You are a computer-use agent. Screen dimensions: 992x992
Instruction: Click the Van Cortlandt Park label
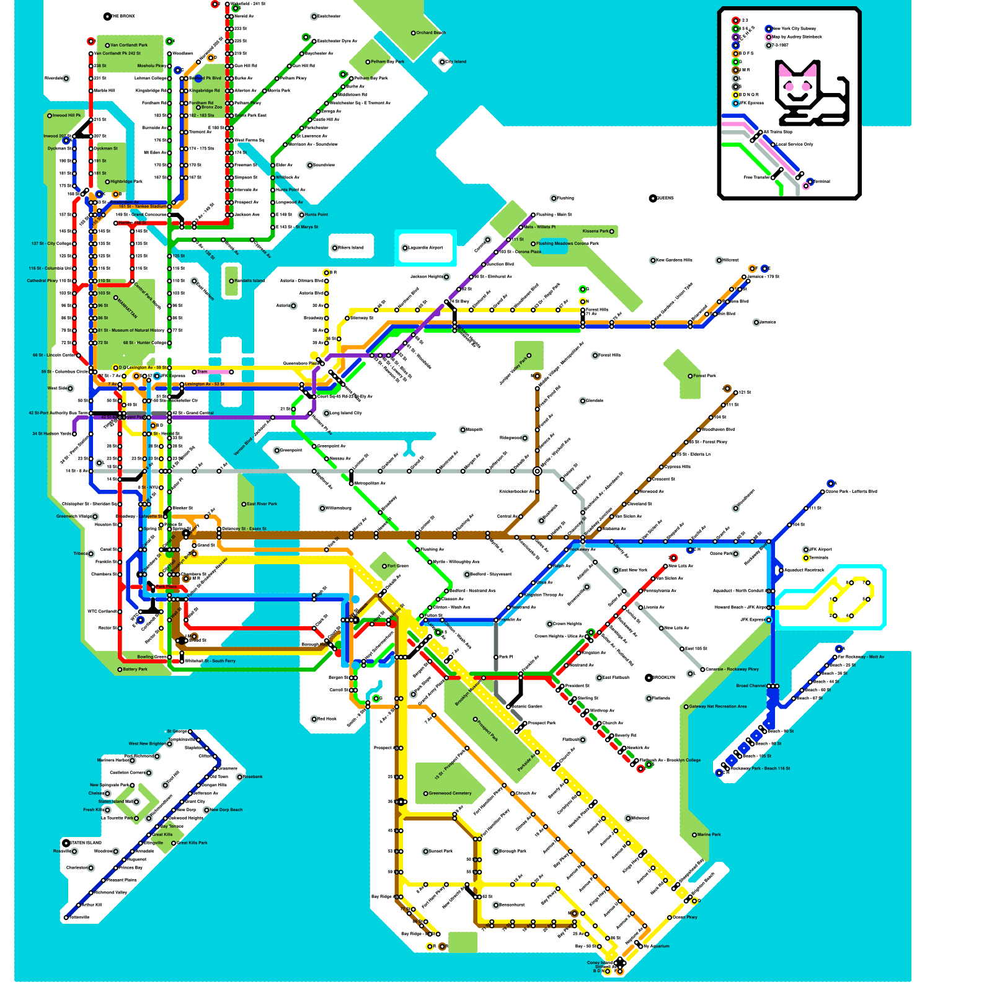[128, 45]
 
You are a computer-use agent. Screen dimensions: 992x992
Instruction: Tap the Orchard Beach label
[430, 33]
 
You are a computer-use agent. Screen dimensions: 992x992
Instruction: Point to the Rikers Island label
[350, 248]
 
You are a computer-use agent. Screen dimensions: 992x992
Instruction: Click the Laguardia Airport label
[426, 248]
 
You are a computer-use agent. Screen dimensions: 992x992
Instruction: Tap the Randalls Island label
[249, 281]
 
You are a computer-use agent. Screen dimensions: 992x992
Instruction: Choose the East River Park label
[262, 504]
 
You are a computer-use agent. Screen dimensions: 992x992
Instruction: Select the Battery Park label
[135, 670]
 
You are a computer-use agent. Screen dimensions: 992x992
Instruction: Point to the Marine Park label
[709, 835]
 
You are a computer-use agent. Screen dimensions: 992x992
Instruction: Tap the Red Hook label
[327, 719]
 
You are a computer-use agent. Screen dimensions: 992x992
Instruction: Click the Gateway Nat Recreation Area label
[717, 706]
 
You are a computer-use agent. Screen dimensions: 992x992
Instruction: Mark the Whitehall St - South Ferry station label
[210, 661]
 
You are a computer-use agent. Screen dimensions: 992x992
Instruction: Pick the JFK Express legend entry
[751, 103]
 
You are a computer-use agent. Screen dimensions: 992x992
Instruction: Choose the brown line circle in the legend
[736, 70]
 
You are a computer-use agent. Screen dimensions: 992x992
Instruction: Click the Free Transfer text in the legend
[757, 177]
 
